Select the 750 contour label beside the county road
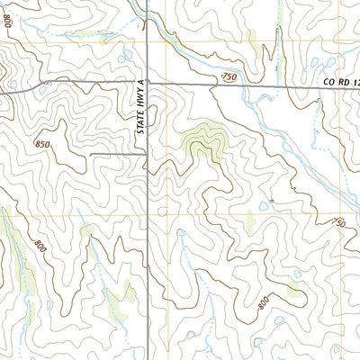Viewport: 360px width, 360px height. point(229,78)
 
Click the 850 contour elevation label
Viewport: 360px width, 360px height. point(43,144)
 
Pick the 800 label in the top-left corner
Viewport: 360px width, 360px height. point(10,23)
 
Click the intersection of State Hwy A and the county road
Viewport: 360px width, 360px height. point(148,84)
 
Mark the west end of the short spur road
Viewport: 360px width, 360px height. point(90,154)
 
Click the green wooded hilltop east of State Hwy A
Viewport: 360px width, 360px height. point(202,139)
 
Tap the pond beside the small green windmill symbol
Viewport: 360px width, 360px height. point(262,206)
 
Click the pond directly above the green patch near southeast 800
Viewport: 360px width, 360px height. point(296,274)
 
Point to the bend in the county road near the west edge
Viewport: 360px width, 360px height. point(40,86)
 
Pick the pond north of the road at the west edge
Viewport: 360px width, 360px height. point(7,74)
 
